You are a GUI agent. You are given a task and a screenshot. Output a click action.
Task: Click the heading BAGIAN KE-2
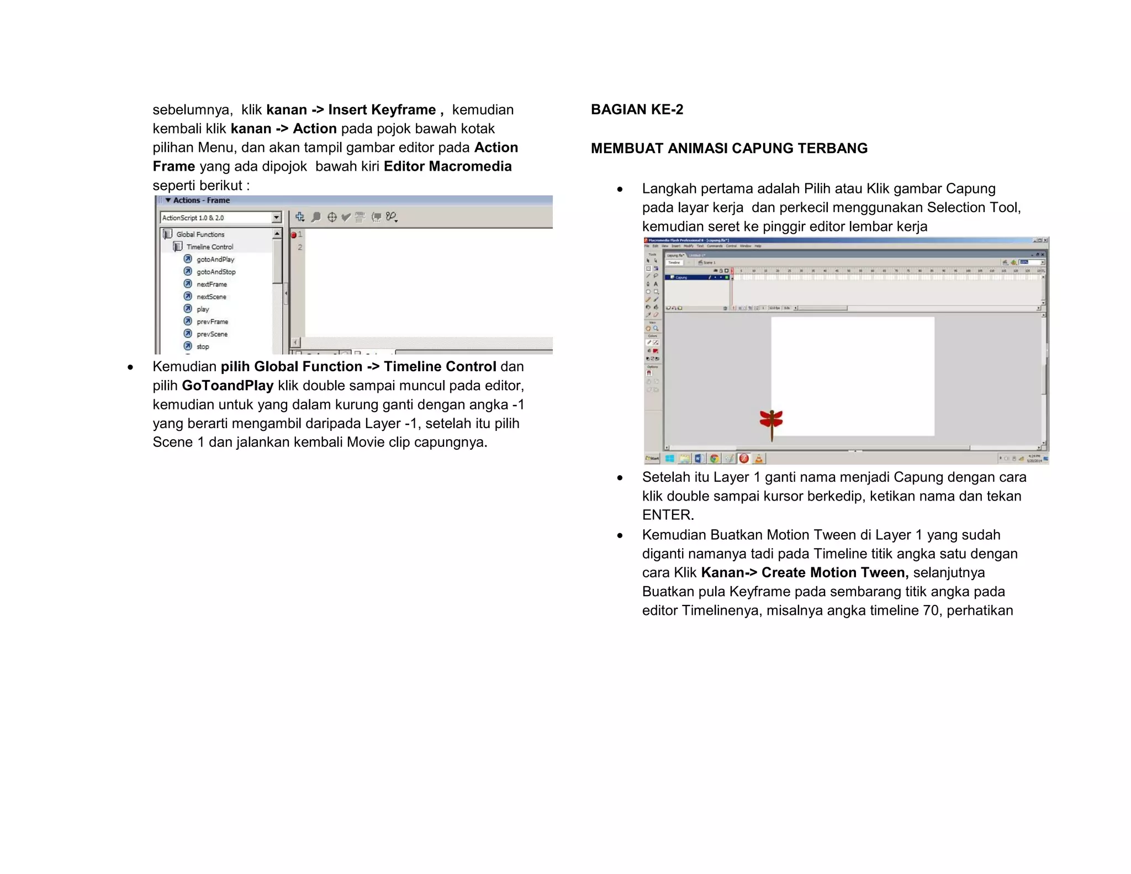coord(636,109)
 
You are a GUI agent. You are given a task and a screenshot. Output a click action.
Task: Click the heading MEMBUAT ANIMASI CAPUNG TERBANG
coord(728,148)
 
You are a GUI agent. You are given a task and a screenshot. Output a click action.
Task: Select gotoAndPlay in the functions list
coord(215,259)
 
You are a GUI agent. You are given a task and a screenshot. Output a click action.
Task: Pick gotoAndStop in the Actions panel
coord(215,272)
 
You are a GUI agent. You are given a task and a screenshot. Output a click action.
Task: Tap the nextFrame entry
coord(212,284)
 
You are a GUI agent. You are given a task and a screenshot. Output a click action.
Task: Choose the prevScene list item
coord(212,334)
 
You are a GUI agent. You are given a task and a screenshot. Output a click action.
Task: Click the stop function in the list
coord(203,346)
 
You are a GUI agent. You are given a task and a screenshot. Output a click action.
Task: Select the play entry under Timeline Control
coord(203,309)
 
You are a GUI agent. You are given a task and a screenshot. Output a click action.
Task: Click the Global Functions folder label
coord(200,234)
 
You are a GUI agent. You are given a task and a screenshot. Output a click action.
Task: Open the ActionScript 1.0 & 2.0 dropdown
coord(276,218)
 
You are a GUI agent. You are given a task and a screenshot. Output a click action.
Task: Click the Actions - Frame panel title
coord(201,201)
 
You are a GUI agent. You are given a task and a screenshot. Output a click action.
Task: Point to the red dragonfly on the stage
coord(771,421)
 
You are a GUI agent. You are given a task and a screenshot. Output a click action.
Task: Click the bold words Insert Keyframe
coord(382,110)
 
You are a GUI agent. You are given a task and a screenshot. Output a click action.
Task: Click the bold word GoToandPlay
coord(228,386)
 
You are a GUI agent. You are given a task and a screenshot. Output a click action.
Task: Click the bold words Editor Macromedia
coord(447,166)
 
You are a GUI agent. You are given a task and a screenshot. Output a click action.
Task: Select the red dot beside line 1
coord(294,235)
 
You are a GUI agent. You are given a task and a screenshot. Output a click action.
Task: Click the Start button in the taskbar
coord(652,459)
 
